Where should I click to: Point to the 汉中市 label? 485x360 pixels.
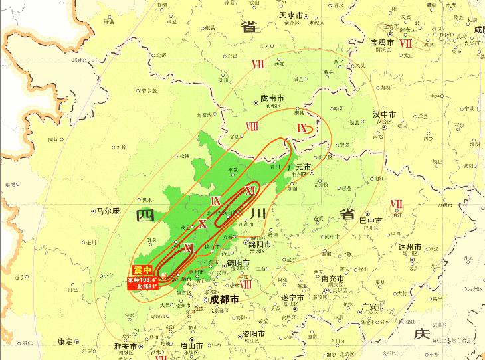384,114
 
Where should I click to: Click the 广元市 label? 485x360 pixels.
299,167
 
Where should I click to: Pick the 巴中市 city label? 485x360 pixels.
371,220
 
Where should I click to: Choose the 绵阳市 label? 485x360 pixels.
259,244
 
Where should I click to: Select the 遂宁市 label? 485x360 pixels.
293,297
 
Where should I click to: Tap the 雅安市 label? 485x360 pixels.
125,347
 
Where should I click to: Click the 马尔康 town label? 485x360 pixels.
107,211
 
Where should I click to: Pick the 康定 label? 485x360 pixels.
65,341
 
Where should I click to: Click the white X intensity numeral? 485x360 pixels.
203,224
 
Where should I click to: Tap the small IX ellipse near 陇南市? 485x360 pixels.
306,128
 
